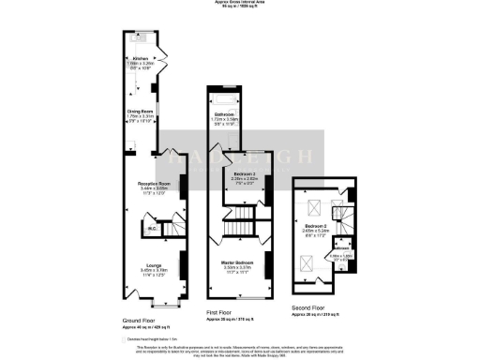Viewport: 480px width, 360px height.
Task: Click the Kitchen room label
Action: [x=142, y=59]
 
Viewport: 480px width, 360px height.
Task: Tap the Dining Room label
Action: [x=141, y=111]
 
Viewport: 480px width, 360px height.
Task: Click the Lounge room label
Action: [x=141, y=265]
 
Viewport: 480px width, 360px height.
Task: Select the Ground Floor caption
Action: [x=140, y=321]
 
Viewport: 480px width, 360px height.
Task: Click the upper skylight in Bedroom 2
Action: [x=314, y=208]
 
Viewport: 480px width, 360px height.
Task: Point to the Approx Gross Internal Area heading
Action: [x=239, y=4]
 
